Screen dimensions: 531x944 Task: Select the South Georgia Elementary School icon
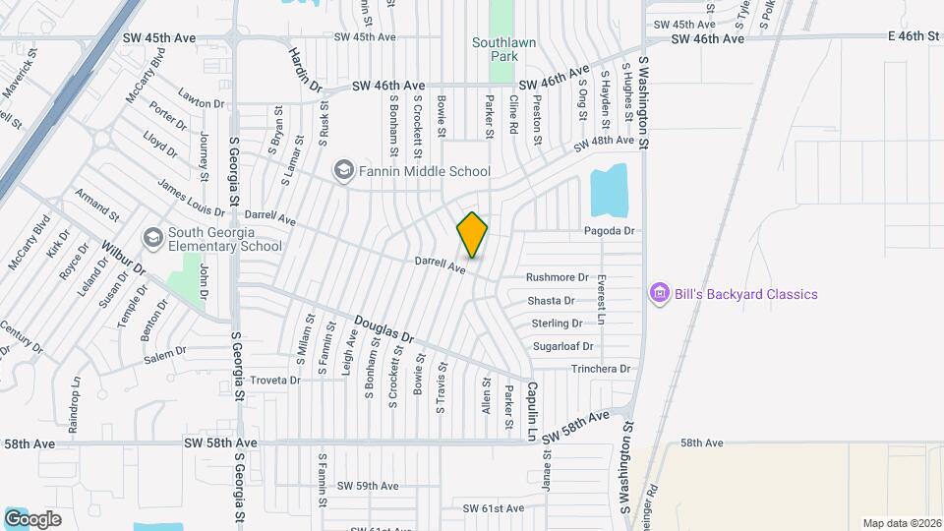(x=152, y=238)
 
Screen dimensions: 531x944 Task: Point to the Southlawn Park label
(x=501, y=49)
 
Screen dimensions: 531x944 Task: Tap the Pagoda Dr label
(x=611, y=231)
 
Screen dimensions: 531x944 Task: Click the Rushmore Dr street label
(x=557, y=277)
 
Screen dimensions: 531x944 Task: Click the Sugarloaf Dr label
(x=562, y=346)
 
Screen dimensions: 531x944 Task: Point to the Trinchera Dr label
(x=601, y=369)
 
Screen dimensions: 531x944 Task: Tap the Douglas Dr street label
(x=384, y=329)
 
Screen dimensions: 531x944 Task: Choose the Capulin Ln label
(x=531, y=411)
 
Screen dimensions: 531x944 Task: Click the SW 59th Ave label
(x=368, y=486)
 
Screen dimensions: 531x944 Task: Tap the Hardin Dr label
(x=306, y=69)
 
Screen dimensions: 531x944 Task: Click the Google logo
(x=32, y=519)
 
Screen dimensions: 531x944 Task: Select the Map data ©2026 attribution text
(x=900, y=523)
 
